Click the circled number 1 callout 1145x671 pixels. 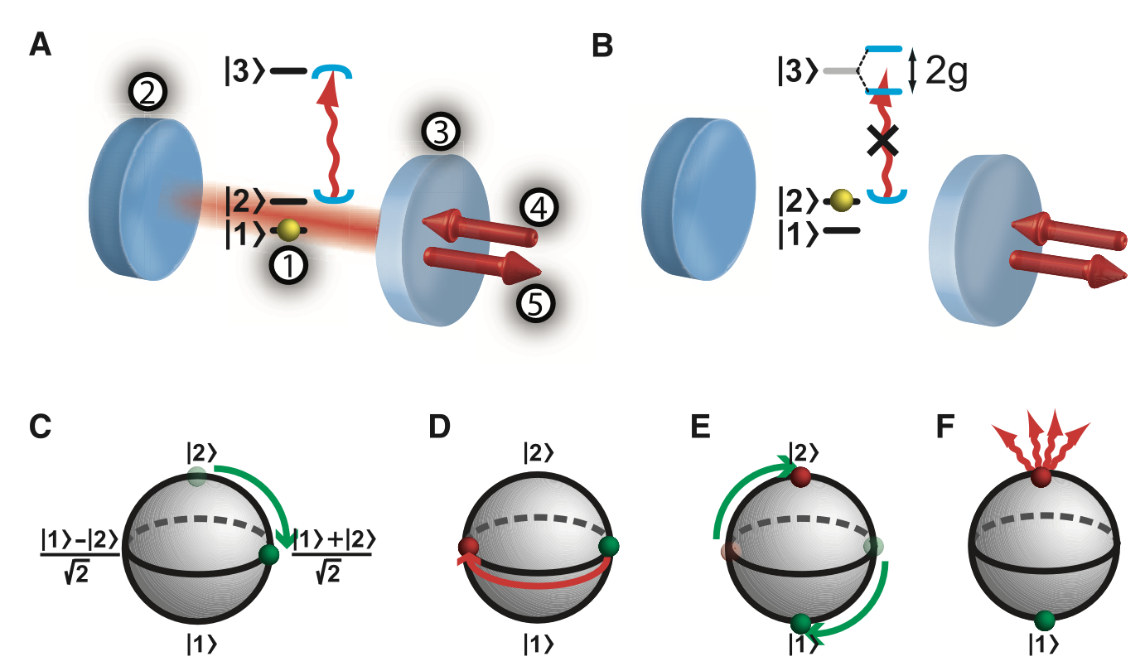(x=290, y=266)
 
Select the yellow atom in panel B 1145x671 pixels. (x=842, y=200)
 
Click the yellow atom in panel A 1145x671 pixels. (x=289, y=229)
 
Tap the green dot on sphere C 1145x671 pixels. (x=268, y=555)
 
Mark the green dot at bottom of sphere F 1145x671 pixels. (x=1044, y=620)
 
